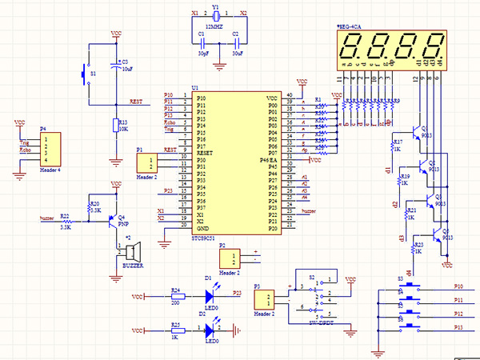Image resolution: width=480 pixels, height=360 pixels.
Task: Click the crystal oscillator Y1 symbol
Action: (215, 14)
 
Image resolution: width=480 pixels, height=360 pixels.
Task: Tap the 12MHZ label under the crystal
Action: (214, 26)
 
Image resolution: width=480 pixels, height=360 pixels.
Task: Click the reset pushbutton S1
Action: (86, 75)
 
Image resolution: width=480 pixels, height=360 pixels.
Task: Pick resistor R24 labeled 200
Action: (175, 295)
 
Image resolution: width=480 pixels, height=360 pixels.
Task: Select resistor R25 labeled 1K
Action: (175, 330)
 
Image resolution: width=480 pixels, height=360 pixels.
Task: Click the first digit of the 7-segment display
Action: (354, 50)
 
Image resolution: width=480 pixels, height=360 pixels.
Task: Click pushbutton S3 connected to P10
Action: (410, 286)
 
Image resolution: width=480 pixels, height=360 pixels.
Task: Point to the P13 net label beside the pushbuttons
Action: (458, 328)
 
